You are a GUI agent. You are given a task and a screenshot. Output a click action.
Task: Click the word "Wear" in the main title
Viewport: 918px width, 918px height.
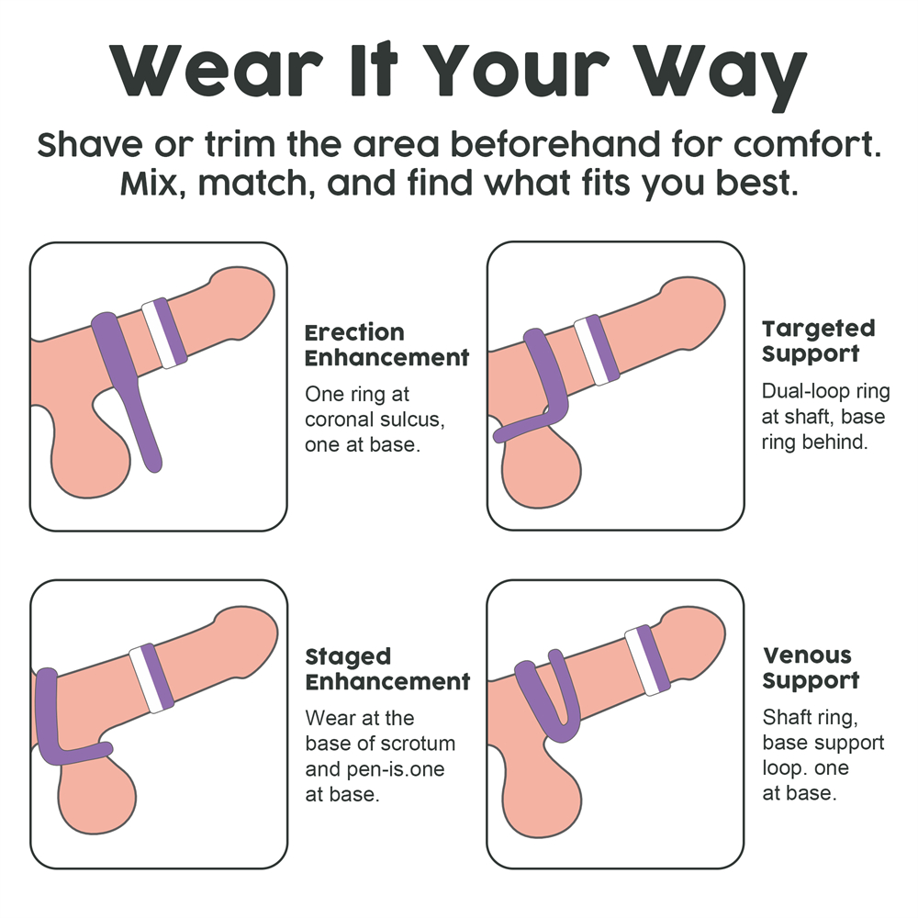[216, 70]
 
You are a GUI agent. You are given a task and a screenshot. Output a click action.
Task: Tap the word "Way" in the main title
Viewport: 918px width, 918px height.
[721, 75]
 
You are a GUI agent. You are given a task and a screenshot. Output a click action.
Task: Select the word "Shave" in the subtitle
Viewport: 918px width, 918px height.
[90, 144]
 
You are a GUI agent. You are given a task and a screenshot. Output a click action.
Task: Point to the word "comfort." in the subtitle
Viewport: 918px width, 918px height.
[807, 144]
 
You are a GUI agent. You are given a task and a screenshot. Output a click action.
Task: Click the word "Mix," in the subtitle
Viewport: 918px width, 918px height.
[152, 183]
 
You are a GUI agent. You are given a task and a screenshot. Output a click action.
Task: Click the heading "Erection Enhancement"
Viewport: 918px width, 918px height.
[386, 345]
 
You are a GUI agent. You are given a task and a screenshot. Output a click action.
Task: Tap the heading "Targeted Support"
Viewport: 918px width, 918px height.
[818, 341]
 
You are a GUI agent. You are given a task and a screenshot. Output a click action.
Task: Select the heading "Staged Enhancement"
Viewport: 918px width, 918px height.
[387, 669]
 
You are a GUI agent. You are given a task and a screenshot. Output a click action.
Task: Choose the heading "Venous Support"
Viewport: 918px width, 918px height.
[811, 667]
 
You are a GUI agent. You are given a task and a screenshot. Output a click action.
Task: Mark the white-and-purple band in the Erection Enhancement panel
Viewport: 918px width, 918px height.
[164, 333]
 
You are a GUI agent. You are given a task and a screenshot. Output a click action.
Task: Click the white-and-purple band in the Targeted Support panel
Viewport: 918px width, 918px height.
[597, 350]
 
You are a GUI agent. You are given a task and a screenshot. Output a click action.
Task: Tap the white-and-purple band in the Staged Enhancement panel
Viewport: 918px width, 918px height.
[151, 678]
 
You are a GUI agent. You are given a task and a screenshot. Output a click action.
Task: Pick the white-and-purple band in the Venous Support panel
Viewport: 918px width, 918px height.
[647, 660]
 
